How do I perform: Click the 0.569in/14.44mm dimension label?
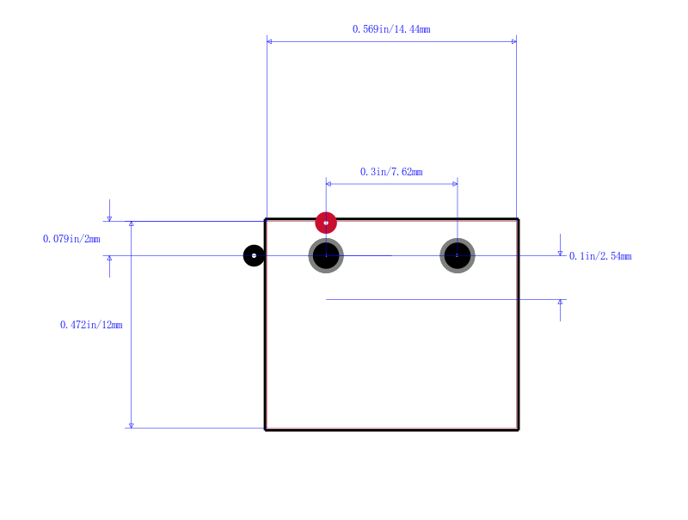[x=391, y=29]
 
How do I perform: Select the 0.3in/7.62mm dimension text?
[x=391, y=172]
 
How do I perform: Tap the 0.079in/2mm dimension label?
[x=71, y=239]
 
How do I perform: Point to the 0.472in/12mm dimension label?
[x=91, y=325]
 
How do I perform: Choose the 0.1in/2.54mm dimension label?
[x=600, y=256]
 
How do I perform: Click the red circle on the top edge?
[x=326, y=223]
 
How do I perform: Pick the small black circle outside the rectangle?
[x=254, y=255]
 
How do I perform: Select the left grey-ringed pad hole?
[x=326, y=255]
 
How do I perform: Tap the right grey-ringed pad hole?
[x=458, y=255]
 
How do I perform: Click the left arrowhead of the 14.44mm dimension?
[x=269, y=41]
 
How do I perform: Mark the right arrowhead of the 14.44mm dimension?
[x=514, y=41]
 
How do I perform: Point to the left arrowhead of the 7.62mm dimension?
[x=329, y=184]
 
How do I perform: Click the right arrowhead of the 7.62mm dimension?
[x=455, y=184]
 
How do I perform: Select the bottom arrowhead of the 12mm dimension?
[x=132, y=425]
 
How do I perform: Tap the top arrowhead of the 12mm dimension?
[x=132, y=223]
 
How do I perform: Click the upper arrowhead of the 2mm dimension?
[x=110, y=219]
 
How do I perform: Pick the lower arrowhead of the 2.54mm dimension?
[x=560, y=302]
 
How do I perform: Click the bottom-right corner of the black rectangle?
[x=519, y=430]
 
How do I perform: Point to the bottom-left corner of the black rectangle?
[x=266, y=430]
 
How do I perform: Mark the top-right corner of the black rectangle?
[x=519, y=219]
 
